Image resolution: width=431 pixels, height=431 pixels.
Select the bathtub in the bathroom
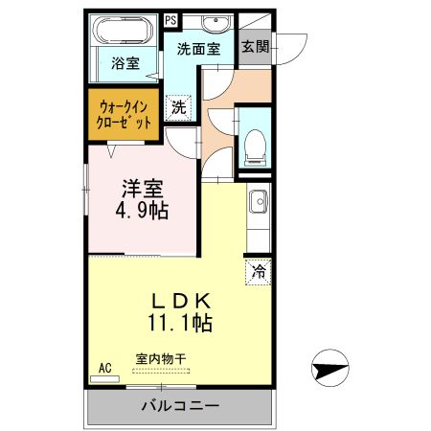coord(122,32)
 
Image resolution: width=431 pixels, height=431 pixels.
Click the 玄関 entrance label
coord(255,46)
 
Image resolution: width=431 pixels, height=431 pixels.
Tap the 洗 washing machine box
coord(178,107)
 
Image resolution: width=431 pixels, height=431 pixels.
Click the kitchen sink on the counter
coord(257,203)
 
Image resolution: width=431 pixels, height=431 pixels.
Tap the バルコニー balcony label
coord(181,405)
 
